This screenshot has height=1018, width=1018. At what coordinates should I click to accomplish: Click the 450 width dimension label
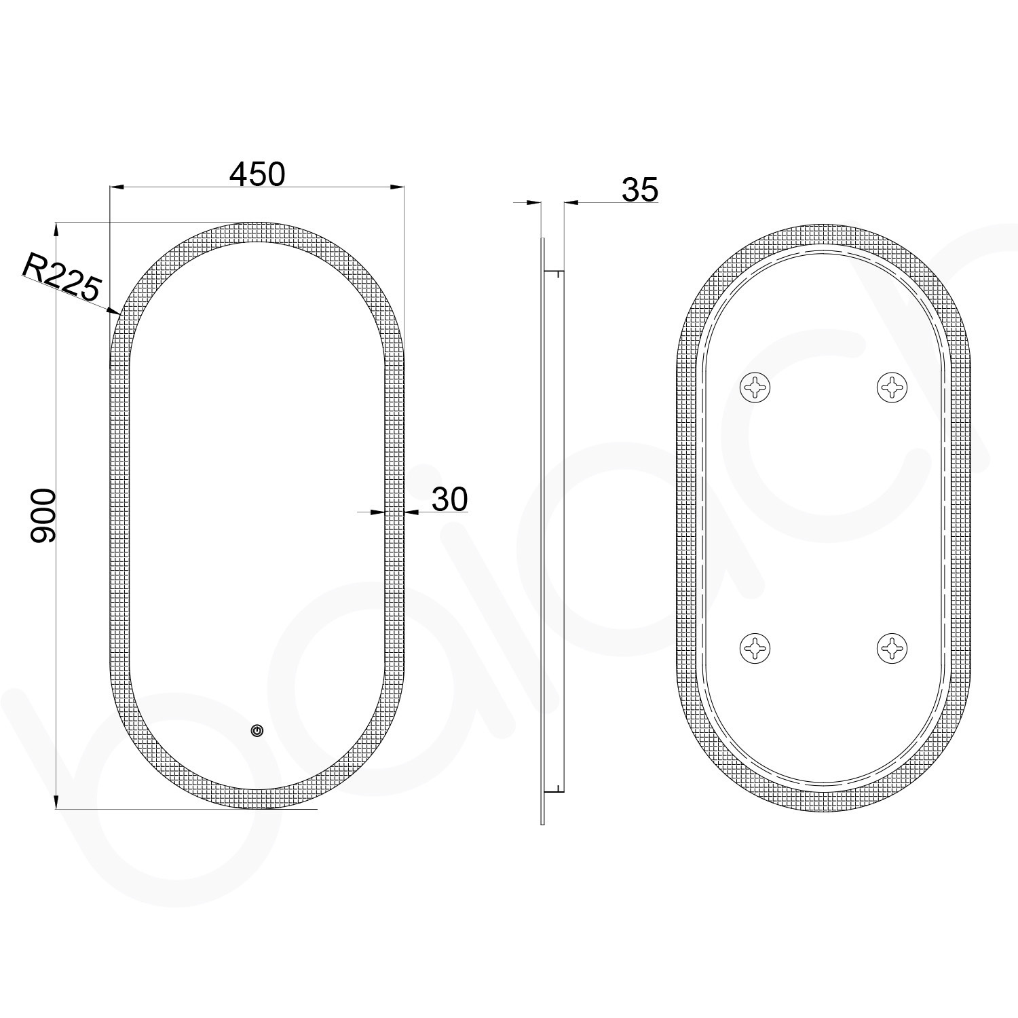pos(257,174)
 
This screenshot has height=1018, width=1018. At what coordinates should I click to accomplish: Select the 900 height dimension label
pos(43,515)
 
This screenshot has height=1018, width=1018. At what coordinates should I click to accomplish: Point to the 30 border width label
pos(449,499)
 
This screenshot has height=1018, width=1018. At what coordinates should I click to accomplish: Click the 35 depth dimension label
pos(639,190)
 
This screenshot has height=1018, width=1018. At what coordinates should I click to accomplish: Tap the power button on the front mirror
pos(257,730)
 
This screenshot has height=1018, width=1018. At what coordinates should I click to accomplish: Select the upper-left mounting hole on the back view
pos(755,388)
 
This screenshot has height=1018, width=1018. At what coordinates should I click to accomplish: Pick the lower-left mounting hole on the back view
pos(755,647)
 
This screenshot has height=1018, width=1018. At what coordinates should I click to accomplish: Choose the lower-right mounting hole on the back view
pos(892,647)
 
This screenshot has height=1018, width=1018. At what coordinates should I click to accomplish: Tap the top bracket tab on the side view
pos(555,274)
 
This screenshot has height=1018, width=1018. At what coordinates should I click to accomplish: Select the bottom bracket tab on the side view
pos(555,788)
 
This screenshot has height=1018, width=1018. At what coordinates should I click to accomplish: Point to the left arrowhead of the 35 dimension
pos(534,202)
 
